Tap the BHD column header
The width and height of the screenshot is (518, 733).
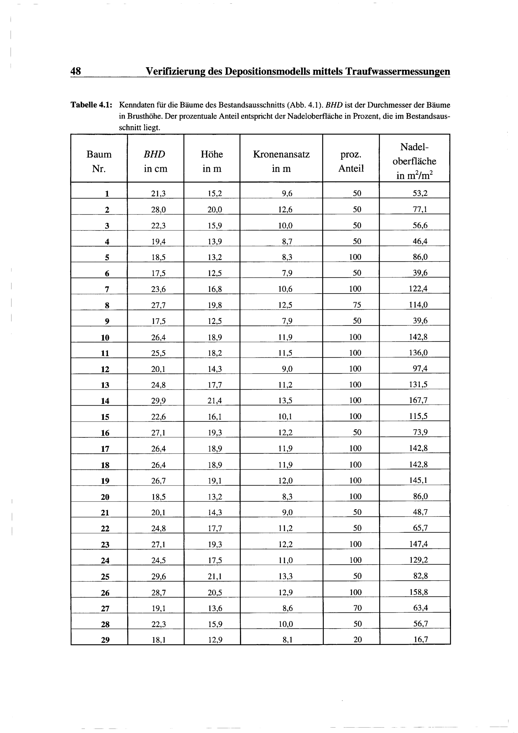tap(155, 161)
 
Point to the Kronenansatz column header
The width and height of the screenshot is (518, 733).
tap(281, 161)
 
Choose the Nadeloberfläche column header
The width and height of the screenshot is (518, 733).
tap(414, 161)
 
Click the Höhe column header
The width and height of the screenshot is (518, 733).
tap(212, 161)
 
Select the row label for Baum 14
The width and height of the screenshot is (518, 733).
tap(105, 401)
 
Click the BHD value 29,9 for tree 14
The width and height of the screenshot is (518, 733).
tap(159, 401)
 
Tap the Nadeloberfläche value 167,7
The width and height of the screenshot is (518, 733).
tap(418, 400)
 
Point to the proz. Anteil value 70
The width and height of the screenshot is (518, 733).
tap(358, 608)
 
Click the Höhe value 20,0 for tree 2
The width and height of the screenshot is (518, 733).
tap(215, 210)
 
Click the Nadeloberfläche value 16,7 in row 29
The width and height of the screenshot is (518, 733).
tap(420, 639)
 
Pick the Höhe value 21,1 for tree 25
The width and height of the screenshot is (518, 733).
tap(215, 576)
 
